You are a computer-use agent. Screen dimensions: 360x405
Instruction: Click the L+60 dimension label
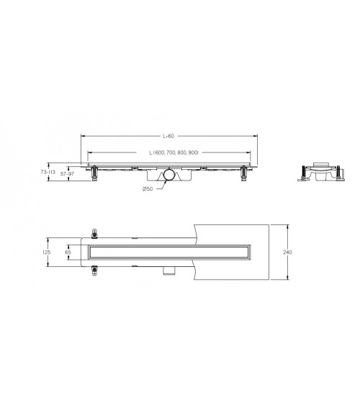click(x=168, y=136)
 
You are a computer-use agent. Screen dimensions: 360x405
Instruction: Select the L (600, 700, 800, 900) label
click(x=174, y=153)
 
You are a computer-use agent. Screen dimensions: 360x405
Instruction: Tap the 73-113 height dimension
click(x=48, y=172)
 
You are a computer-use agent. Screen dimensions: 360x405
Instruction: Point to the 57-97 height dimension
click(x=67, y=174)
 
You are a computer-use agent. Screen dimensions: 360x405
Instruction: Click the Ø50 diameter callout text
click(x=148, y=188)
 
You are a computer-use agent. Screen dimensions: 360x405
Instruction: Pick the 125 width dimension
click(x=47, y=252)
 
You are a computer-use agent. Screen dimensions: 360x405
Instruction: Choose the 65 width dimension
click(x=68, y=252)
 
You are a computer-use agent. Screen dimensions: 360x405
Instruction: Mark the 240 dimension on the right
click(x=287, y=252)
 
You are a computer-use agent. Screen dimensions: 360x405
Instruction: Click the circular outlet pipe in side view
click(x=169, y=174)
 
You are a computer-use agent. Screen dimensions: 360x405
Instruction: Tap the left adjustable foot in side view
click(x=94, y=173)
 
